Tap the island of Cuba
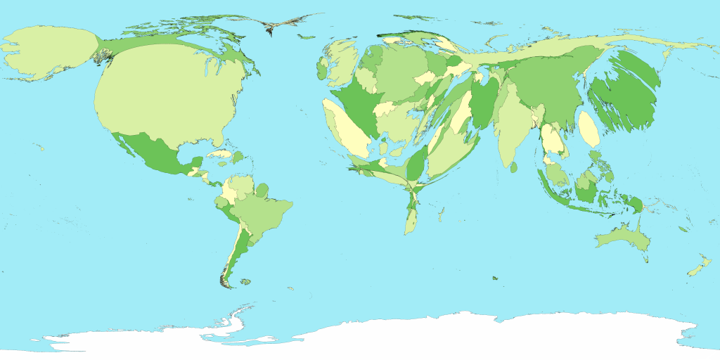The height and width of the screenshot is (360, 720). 221,153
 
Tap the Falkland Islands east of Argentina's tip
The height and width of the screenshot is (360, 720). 245,282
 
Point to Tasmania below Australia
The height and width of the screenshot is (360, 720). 645,259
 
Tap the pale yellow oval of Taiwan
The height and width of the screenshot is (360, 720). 589,131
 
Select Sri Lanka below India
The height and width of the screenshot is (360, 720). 514,167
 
